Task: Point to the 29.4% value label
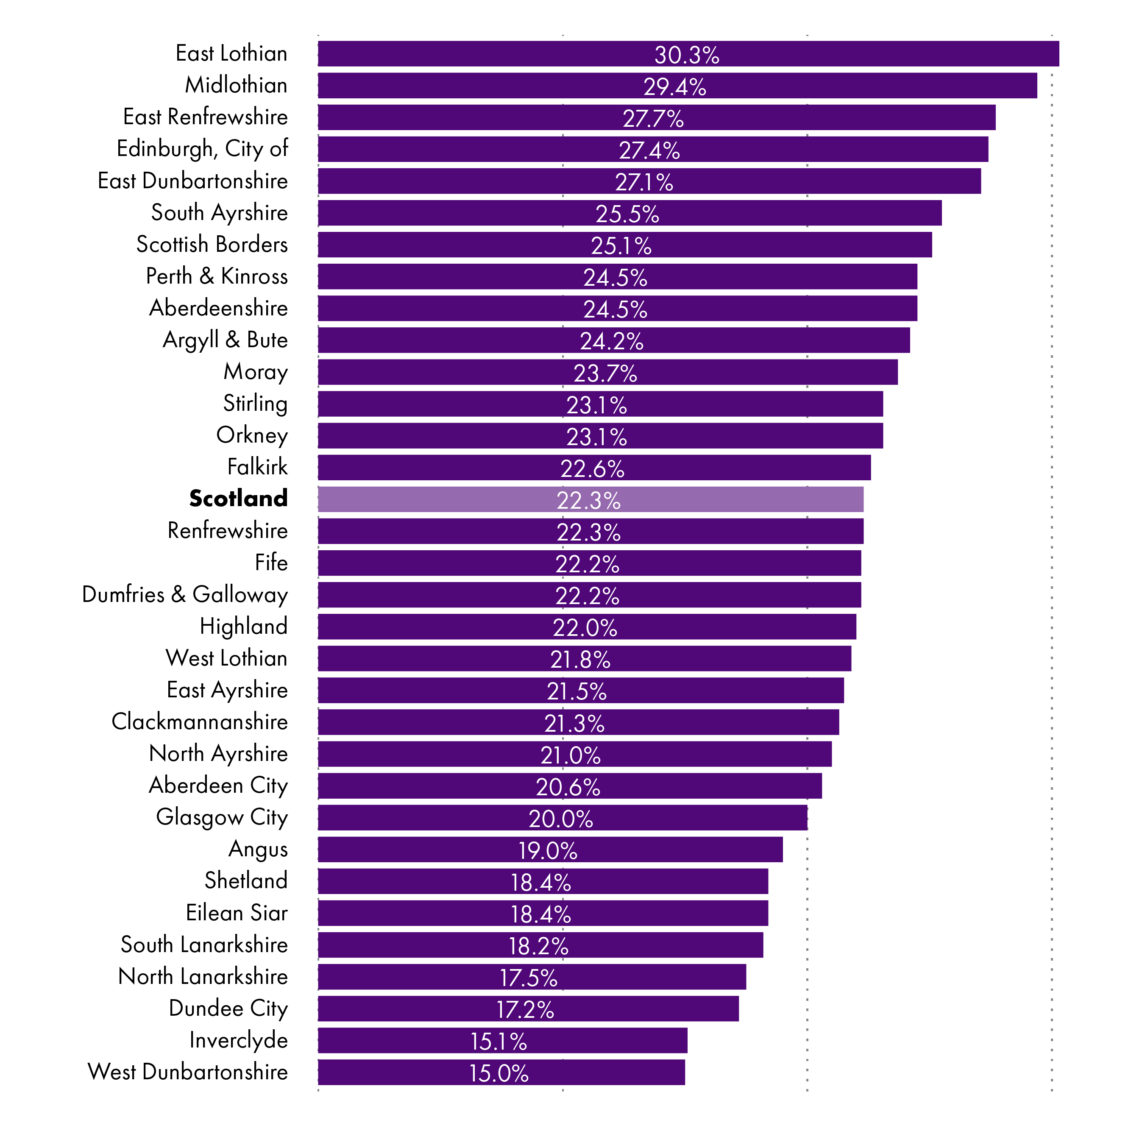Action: [x=674, y=86]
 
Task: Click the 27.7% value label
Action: [x=653, y=119]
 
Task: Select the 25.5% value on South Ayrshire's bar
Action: [x=627, y=214]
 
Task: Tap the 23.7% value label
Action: [x=605, y=373]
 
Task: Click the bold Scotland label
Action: [x=238, y=498]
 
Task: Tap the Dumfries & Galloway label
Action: [x=185, y=594]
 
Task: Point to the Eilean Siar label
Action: [x=237, y=913]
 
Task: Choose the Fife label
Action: [x=271, y=563]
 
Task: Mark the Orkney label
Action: [x=252, y=435]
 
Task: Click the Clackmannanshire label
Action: [x=200, y=722]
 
